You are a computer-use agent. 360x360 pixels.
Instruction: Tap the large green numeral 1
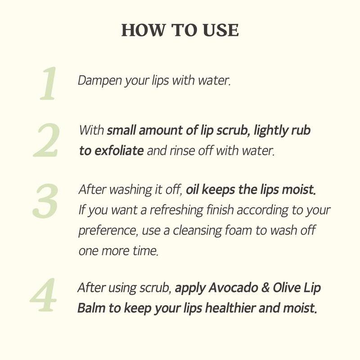coord(48,84)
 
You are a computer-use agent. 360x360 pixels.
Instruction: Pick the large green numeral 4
coord(44,296)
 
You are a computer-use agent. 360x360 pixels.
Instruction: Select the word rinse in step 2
coord(181,151)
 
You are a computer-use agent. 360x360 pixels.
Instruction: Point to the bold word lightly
coord(271,130)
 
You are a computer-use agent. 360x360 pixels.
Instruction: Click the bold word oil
coord(192,189)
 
